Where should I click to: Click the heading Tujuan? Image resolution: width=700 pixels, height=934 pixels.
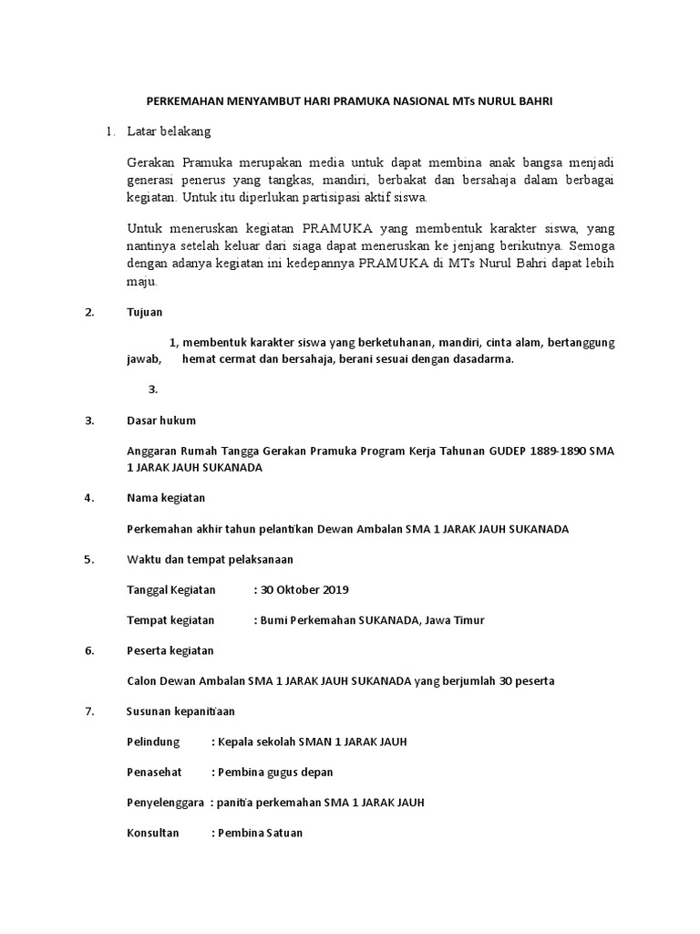pos(144,312)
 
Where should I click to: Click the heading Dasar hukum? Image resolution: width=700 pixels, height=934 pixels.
pos(160,420)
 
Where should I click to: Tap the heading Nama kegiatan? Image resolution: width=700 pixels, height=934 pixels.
pos(166,498)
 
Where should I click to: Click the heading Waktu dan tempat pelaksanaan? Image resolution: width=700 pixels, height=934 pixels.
pos(210,559)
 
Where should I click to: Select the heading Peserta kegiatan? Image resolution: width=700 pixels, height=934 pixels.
pos(170,650)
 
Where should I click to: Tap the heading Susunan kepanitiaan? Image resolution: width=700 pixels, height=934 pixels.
pos(180,711)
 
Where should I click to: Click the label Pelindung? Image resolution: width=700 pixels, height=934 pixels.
pos(152,742)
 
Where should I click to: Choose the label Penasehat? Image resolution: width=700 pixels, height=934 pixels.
pos(153,772)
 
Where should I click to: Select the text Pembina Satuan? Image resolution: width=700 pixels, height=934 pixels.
pos(261,833)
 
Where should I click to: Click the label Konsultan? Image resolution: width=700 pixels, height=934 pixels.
pos(152,833)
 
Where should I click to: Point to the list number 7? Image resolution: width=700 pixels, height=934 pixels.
pos(88,711)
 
